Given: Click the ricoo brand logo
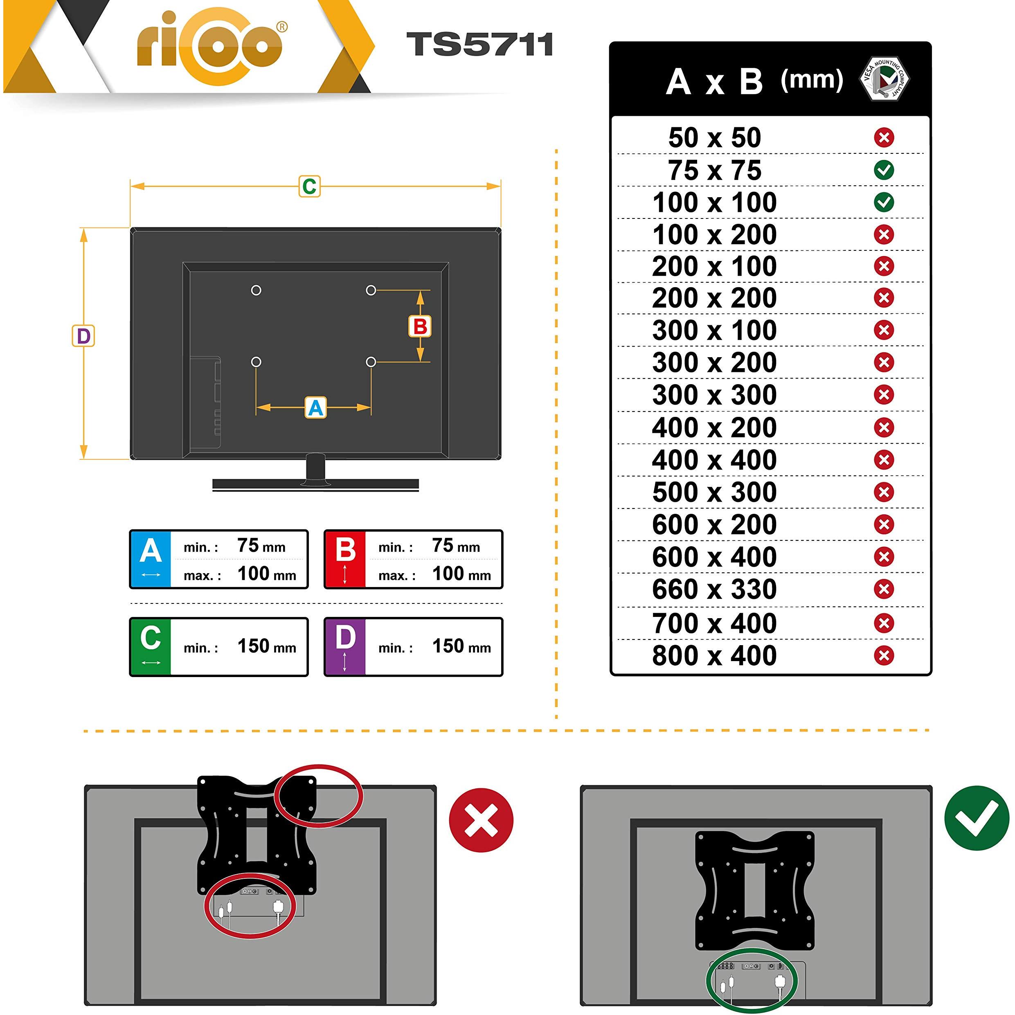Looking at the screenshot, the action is click(210, 46).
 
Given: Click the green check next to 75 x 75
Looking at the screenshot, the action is click(884, 170).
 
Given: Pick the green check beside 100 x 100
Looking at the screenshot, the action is click(884, 202).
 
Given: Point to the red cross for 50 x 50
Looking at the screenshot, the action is click(884, 137).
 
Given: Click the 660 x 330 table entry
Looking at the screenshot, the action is click(714, 590).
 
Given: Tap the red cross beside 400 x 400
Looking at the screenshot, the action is click(884, 460).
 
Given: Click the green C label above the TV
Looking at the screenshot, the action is click(309, 187).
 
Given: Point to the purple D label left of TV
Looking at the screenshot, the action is click(83, 336).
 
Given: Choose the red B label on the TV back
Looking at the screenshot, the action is click(420, 326).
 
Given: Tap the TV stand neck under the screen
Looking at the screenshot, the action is click(316, 468).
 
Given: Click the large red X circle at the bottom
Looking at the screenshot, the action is click(481, 820).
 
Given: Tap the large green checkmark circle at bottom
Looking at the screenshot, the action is click(977, 818).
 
